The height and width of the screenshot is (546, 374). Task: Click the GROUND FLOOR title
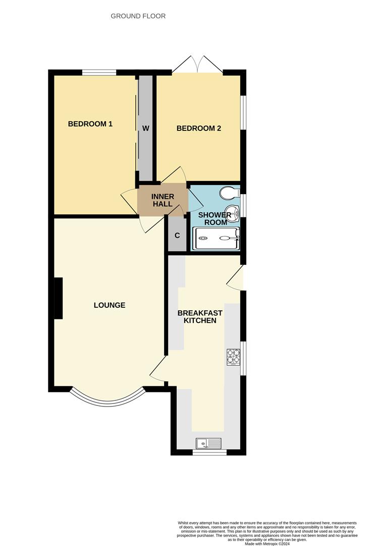click(x=138, y=16)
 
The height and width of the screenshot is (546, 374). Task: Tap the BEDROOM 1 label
click(x=90, y=124)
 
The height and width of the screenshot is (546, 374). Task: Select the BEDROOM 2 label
click(x=198, y=128)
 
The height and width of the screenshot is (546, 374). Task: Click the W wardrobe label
click(x=145, y=128)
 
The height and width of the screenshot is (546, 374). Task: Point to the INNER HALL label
click(x=163, y=200)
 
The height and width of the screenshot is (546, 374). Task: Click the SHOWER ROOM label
click(x=214, y=218)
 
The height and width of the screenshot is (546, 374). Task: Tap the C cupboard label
click(x=177, y=236)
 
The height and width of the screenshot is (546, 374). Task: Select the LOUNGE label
click(x=110, y=305)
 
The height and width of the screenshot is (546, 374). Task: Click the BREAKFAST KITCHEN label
click(x=200, y=316)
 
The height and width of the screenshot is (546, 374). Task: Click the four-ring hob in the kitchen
click(x=233, y=357)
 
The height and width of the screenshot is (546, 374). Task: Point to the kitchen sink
click(x=208, y=443)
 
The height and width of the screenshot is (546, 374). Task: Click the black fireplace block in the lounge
click(x=58, y=298)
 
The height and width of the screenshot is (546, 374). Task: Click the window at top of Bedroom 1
click(x=99, y=72)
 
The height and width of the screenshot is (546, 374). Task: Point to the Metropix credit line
click(x=267, y=543)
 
